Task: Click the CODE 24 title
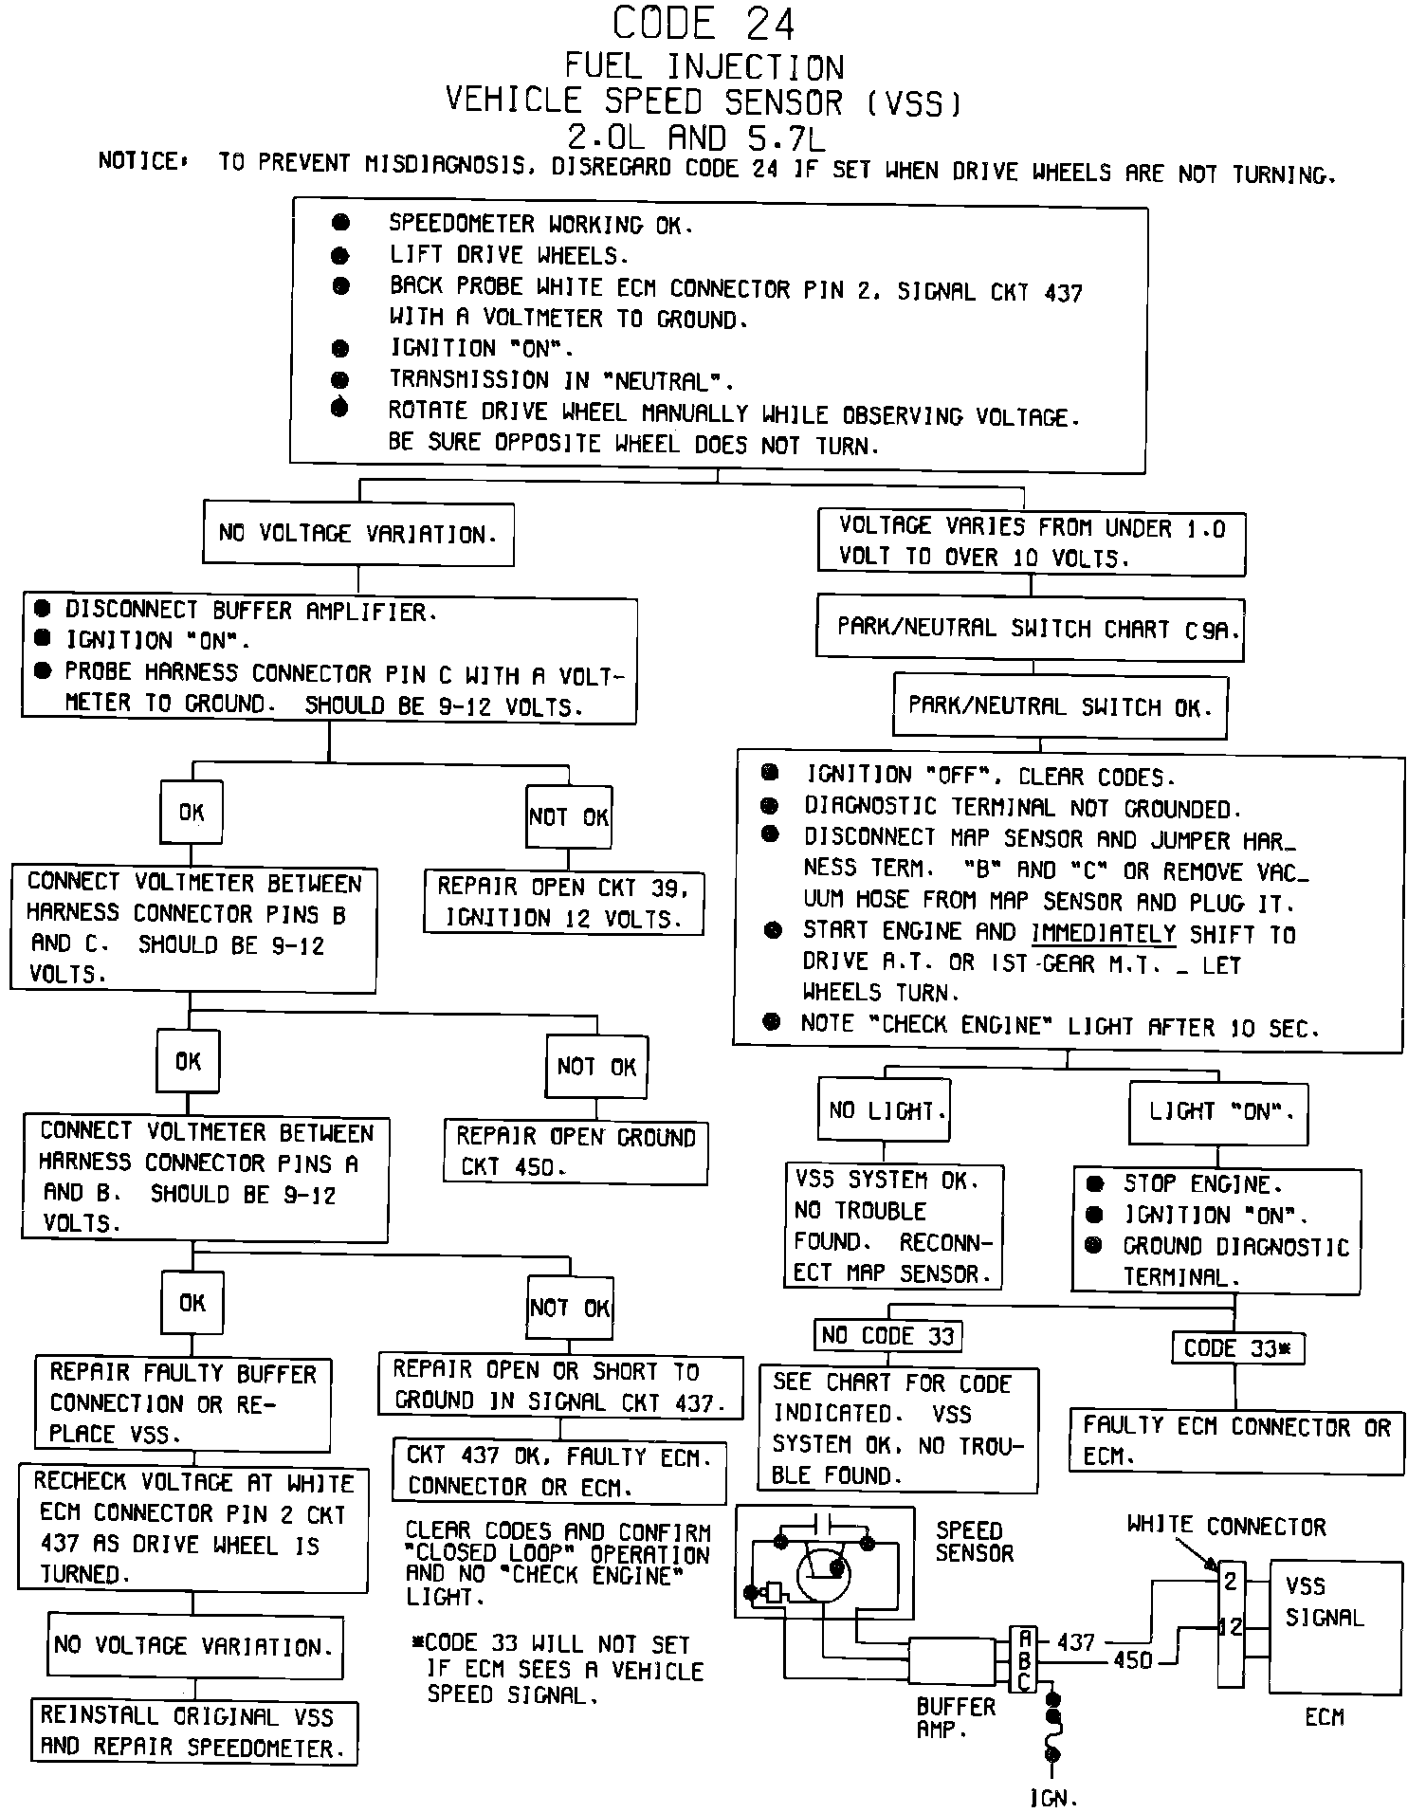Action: (703, 24)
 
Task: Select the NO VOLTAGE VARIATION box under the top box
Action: (357, 535)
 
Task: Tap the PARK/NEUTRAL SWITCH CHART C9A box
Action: (1030, 628)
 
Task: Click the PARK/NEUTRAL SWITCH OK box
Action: (1059, 706)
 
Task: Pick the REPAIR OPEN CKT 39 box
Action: (563, 903)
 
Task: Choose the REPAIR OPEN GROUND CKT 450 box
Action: (575, 1151)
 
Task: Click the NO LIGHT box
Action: (883, 1110)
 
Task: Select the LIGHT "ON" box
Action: (1217, 1111)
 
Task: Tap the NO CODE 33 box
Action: (887, 1336)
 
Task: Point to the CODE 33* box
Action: (1238, 1347)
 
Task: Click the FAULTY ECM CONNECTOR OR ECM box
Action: (1236, 1440)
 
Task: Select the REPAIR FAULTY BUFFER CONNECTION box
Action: (183, 1403)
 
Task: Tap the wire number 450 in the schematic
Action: (1132, 1660)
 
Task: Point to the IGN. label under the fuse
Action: (1052, 1797)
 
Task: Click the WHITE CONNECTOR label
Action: (1226, 1527)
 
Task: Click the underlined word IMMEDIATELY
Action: (1103, 933)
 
